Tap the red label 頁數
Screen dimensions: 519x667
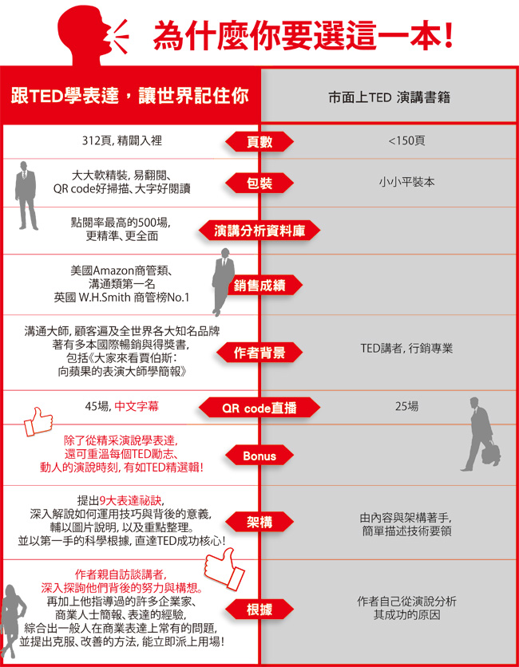tap(259, 142)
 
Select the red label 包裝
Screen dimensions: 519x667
tap(259, 184)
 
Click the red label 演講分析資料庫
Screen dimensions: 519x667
tap(259, 231)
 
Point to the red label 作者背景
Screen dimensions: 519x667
tap(259, 353)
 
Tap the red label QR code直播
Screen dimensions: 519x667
tap(259, 408)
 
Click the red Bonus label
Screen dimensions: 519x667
tap(259, 456)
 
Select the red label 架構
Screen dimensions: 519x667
tap(259, 522)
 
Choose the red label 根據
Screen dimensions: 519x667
tap(259, 610)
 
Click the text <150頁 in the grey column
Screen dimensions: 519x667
tap(406, 140)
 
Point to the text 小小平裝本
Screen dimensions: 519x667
tap(406, 182)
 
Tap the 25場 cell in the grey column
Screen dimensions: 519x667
tap(406, 407)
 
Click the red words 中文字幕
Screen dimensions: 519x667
tap(137, 406)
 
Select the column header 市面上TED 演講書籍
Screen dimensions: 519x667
tap(389, 98)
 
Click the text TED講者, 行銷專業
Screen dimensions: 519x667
tap(406, 349)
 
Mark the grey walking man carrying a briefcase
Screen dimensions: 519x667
tap(480, 434)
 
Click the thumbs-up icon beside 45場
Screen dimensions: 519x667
tap(38, 421)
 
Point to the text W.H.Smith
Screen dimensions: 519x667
tap(105, 298)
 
